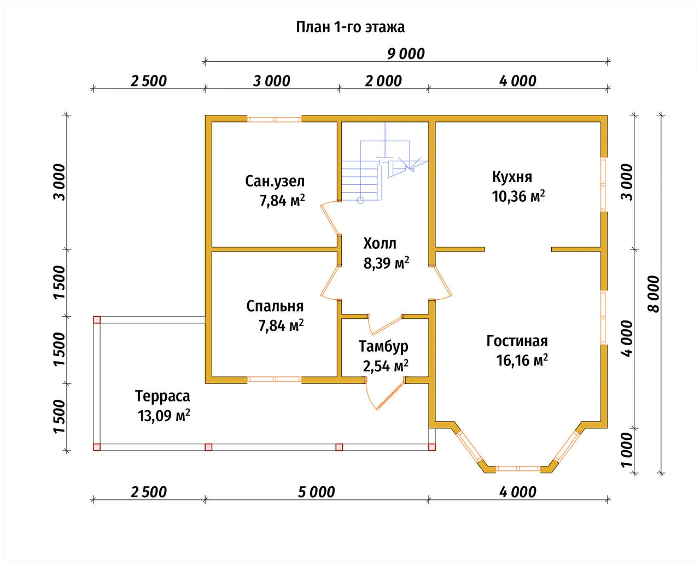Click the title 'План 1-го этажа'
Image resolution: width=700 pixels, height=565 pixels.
(x=351, y=27)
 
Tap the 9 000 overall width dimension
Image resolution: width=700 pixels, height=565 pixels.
(x=406, y=54)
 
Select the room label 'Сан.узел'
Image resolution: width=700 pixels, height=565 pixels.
(x=275, y=181)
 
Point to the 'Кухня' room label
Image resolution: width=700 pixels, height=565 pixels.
(x=512, y=177)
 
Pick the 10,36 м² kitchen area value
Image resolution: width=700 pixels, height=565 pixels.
(x=518, y=196)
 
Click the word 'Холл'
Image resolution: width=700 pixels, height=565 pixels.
(x=380, y=243)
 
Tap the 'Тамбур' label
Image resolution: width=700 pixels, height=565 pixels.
(x=383, y=346)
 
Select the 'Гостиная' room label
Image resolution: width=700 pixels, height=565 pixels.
(x=517, y=341)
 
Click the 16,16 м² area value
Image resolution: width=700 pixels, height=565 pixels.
(x=522, y=360)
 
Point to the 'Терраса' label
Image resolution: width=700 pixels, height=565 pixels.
(x=162, y=397)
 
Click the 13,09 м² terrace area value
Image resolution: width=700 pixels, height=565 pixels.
(x=164, y=416)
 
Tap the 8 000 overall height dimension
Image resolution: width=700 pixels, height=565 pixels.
(x=654, y=294)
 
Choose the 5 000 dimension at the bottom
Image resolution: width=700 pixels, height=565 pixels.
(x=316, y=492)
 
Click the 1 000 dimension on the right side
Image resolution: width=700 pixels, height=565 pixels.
(x=627, y=450)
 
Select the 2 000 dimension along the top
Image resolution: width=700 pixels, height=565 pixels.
(x=383, y=81)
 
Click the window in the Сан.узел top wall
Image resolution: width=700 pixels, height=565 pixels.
(x=275, y=119)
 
